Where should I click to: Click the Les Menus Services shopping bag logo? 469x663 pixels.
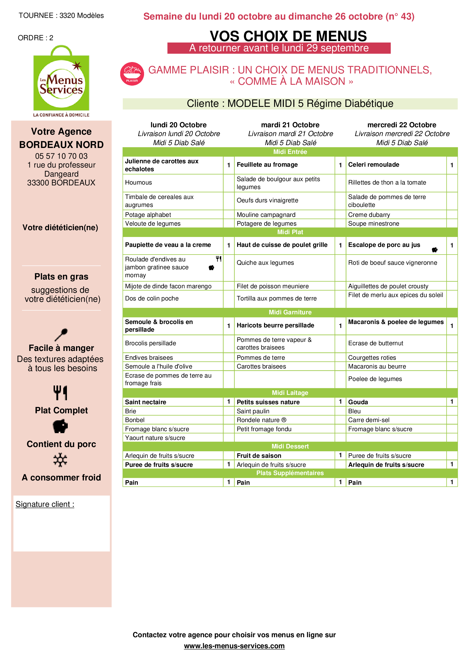point(61,81)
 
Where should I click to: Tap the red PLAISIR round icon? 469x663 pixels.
point(132,74)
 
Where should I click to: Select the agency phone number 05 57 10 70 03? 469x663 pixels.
point(61,156)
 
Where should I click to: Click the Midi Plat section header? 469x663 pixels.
point(290,232)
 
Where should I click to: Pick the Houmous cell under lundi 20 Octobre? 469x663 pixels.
point(138,183)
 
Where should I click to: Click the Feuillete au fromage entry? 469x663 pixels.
point(267,165)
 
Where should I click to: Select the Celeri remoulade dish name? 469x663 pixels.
point(374,165)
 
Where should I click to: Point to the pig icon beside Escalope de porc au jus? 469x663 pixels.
point(434,250)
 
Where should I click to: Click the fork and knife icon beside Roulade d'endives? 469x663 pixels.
point(219,259)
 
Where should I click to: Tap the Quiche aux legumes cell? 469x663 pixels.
point(265,263)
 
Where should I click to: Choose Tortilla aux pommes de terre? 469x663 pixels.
point(276,298)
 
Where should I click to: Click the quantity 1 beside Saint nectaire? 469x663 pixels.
point(229,402)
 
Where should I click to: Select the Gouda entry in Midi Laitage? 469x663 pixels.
point(358,402)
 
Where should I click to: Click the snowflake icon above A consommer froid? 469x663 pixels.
point(60,460)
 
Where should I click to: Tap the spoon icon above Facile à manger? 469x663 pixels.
point(61,335)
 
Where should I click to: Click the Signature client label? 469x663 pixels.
point(45,505)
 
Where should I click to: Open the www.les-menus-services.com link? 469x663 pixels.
point(234,646)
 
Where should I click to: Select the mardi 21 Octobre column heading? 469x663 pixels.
point(290,125)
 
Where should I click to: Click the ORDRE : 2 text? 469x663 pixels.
point(35,38)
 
